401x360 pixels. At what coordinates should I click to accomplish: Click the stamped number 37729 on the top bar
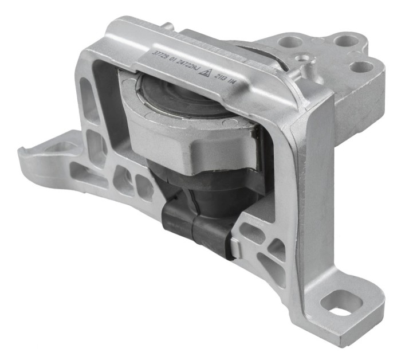point(162,56)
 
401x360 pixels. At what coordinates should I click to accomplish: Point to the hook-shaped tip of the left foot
point(23,151)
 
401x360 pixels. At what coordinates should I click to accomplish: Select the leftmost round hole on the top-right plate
point(290,41)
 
